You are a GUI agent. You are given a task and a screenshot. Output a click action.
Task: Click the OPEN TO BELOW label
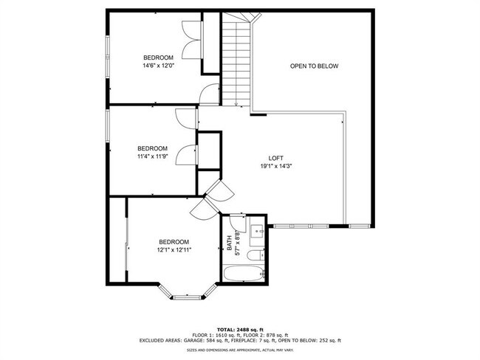314,66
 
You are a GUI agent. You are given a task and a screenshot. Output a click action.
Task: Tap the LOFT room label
275,159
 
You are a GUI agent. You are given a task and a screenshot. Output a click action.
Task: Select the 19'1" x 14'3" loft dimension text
275,167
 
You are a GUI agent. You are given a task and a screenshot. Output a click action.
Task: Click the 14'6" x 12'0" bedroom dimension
158,66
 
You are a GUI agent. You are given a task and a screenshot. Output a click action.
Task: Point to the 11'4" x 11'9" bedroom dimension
153,156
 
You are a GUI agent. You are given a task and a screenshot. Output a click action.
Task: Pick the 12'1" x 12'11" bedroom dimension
174,250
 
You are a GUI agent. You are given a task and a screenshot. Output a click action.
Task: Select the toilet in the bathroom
253,256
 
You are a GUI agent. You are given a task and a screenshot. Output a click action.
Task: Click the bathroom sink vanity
258,232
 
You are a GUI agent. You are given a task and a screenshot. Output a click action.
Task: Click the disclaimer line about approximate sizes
239,350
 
